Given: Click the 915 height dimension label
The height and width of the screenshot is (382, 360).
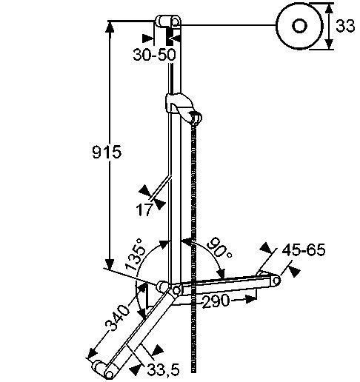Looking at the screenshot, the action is click(107, 152).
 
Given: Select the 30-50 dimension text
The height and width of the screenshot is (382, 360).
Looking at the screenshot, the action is click(154, 55).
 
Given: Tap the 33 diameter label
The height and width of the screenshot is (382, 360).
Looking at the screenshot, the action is click(345, 26).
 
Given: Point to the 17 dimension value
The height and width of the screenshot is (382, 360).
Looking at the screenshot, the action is click(144, 210).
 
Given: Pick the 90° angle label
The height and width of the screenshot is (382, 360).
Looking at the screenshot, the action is click(219, 247).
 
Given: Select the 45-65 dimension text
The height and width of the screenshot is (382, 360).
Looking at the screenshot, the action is click(304, 250).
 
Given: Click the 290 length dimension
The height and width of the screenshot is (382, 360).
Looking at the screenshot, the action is click(216, 301).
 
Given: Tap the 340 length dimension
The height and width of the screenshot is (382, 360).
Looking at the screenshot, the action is click(117, 318).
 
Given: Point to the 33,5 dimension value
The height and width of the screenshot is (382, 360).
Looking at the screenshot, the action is click(163, 370).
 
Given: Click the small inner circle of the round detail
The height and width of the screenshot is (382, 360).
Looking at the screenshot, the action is click(299, 26).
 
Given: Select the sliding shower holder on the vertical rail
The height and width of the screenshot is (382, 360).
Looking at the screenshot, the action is click(183, 107).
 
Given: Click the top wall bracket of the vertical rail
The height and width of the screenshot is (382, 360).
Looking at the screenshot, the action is click(168, 21).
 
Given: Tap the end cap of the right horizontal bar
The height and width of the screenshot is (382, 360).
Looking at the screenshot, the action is click(276, 281).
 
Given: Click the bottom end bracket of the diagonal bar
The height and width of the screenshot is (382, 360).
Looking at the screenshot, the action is click(104, 369).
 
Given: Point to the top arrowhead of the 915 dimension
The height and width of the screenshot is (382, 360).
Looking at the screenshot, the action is click(110, 27).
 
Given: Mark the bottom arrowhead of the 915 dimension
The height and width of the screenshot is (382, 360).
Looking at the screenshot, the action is click(110, 264).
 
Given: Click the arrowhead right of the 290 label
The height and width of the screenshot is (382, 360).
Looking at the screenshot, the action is click(250, 299).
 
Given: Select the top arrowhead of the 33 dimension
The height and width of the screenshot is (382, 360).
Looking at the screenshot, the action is click(328, 8).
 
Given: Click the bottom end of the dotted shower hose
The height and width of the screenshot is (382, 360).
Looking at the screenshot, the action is click(194, 372).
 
